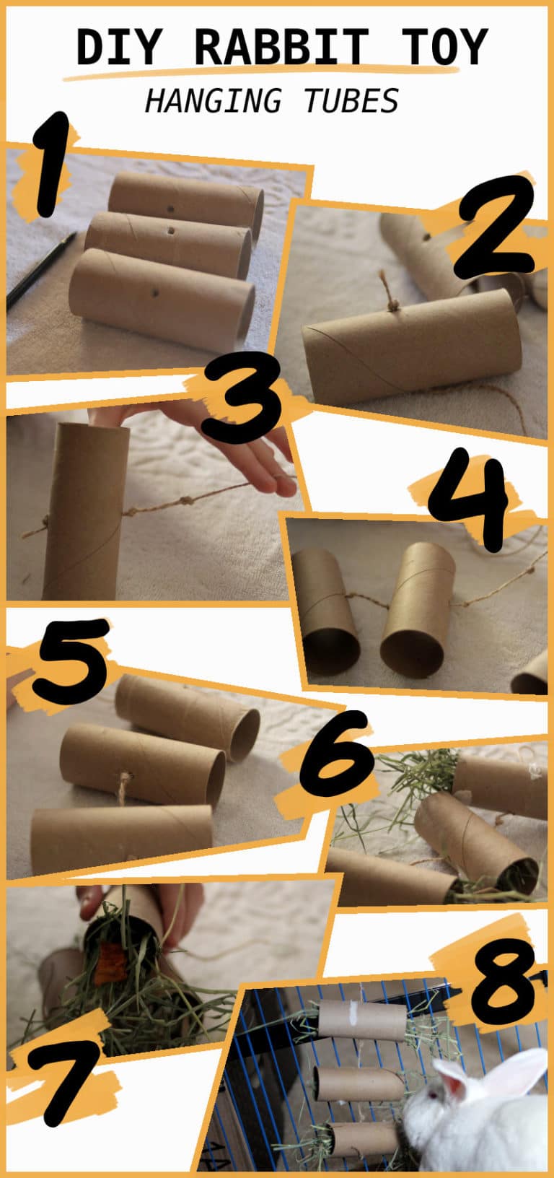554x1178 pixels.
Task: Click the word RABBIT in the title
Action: click(282, 47)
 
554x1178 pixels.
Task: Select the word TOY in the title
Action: click(442, 47)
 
